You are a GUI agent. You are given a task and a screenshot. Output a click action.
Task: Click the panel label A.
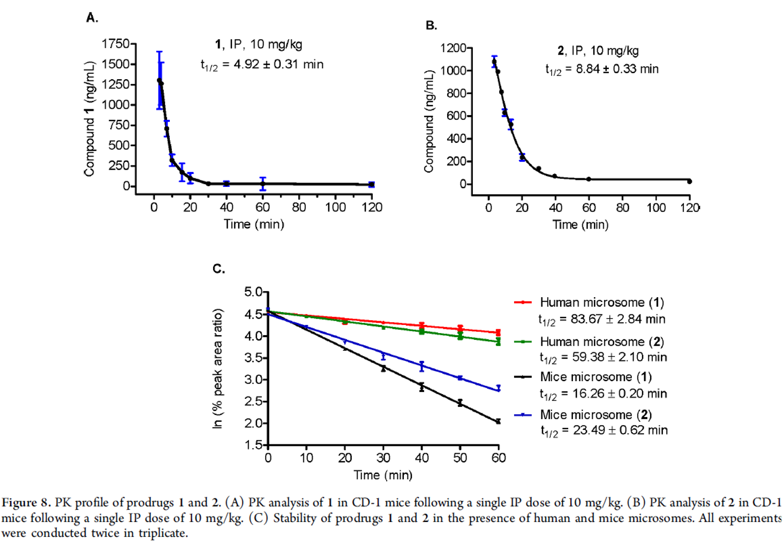click(x=92, y=18)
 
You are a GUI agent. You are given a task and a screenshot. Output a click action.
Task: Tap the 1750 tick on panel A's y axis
click(x=116, y=44)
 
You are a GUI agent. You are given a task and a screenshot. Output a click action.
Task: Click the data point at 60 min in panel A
click(x=262, y=184)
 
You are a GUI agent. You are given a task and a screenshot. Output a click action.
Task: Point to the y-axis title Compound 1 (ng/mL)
click(x=89, y=119)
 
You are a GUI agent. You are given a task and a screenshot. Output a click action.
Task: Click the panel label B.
click(x=431, y=25)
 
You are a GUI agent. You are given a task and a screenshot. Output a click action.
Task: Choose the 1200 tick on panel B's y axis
click(x=453, y=48)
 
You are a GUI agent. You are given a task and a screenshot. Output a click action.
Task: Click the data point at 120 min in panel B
click(x=689, y=181)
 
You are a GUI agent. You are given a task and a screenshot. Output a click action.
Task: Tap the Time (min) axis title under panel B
click(x=581, y=224)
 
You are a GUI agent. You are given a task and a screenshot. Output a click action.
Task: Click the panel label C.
click(x=218, y=269)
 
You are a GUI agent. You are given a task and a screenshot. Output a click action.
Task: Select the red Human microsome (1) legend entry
click(x=589, y=302)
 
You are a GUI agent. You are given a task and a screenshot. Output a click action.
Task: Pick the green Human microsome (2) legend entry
click(x=589, y=342)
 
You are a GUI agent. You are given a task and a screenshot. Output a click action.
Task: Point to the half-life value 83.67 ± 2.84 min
click(x=602, y=320)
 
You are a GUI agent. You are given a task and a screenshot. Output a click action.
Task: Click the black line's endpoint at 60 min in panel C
click(x=499, y=421)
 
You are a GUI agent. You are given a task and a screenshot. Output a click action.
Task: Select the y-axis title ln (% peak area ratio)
click(x=217, y=368)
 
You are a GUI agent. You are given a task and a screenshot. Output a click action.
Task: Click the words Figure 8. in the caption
click(x=26, y=503)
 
